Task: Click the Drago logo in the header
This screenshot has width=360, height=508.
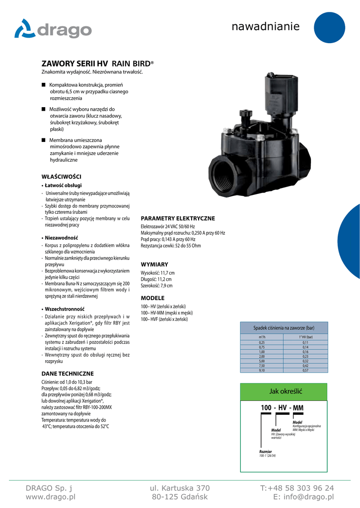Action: tap(53, 29)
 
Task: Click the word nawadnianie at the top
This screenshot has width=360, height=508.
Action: tap(266, 26)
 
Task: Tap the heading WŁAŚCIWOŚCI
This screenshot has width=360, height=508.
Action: tap(61, 177)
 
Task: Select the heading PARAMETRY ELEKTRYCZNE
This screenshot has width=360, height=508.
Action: tap(178, 218)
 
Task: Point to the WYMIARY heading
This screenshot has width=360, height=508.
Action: tap(154, 264)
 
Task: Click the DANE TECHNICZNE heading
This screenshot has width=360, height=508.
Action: tap(67, 374)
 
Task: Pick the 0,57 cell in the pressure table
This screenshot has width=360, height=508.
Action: tap(305, 370)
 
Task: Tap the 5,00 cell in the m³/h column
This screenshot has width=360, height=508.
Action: tap(262, 361)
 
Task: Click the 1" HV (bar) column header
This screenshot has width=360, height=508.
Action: tap(305, 337)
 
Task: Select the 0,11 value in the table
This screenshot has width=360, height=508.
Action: tap(305, 342)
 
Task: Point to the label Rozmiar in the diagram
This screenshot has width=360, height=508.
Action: tap(266, 451)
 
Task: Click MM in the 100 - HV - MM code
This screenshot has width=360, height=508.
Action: tap(298, 408)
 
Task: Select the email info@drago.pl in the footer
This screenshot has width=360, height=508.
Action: tap(303, 497)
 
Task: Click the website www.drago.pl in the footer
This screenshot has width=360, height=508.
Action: tap(50, 497)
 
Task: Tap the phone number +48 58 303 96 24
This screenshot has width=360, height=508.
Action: tap(297, 488)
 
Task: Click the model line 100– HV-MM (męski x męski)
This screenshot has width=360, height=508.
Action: tap(167, 313)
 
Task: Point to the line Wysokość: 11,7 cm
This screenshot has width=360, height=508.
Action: tap(158, 273)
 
